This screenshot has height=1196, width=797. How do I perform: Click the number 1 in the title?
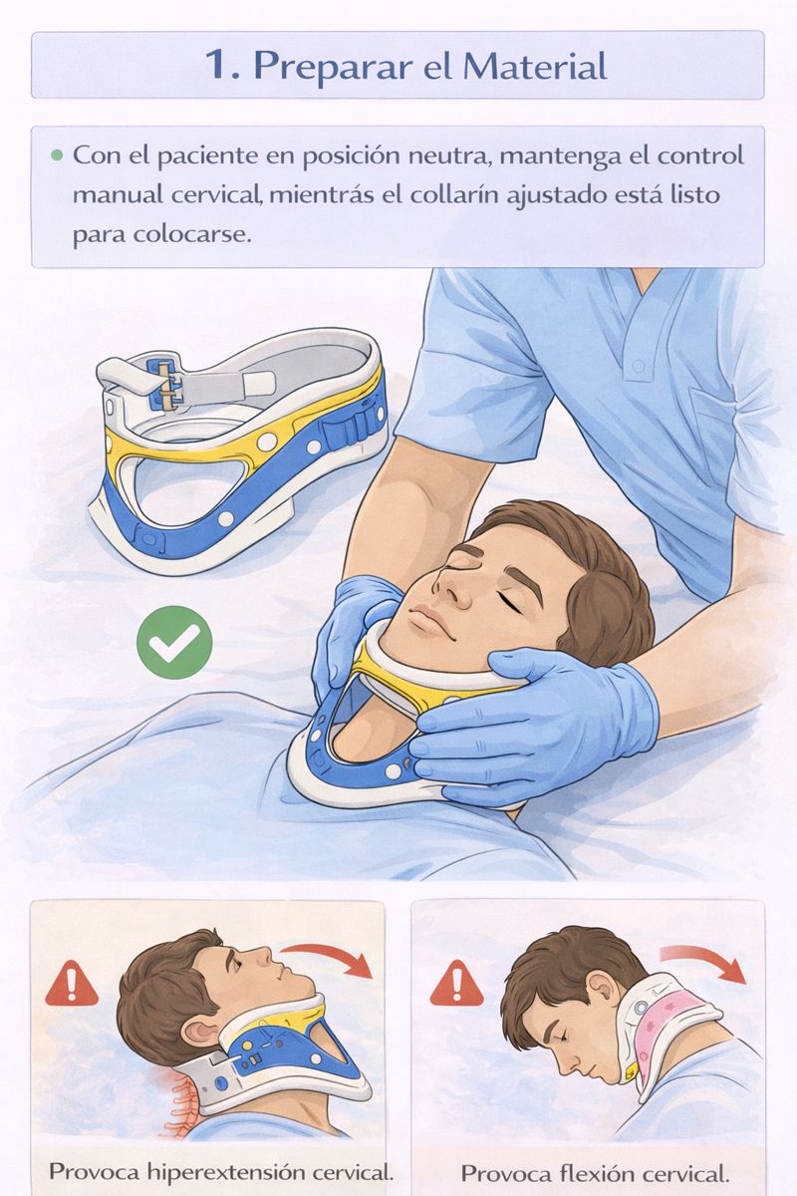218,65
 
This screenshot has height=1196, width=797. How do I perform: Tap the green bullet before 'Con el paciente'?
57,155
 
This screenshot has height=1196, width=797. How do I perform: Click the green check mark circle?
174,642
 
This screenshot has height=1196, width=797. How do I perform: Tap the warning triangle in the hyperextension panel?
72,984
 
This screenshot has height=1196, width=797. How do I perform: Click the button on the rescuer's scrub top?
638,367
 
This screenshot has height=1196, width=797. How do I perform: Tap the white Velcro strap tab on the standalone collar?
260,381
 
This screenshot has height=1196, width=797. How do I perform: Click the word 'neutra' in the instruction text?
450,156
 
